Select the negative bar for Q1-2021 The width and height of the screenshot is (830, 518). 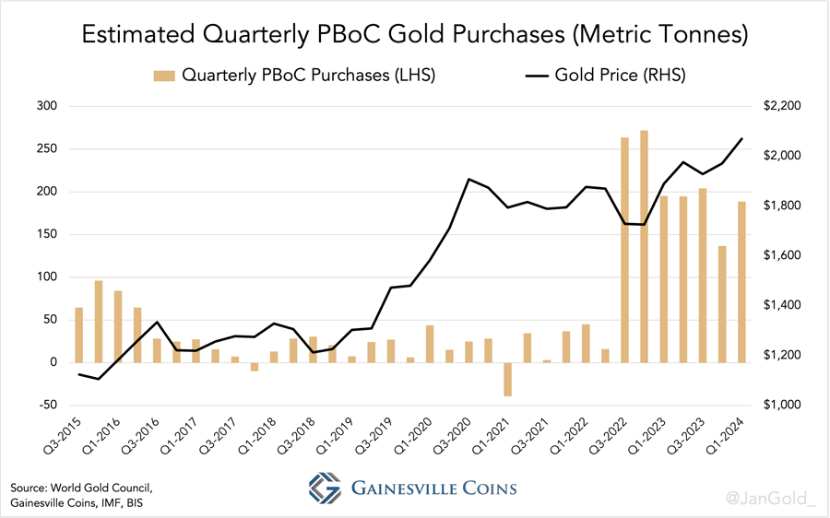tap(507, 379)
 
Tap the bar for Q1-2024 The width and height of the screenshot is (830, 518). tap(741, 282)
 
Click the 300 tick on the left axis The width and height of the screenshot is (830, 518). tap(45, 107)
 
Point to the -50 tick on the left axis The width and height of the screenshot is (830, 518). tap(45, 405)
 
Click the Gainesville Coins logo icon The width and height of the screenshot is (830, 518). tap(325, 488)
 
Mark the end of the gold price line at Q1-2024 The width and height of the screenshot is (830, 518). tap(741, 139)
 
